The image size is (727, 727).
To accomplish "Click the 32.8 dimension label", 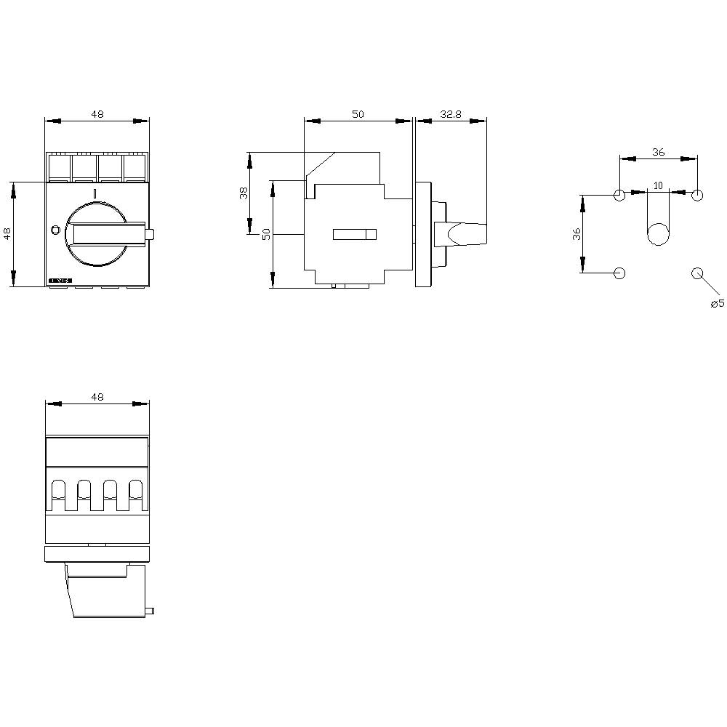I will (451, 114).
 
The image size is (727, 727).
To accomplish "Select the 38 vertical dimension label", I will (244, 193).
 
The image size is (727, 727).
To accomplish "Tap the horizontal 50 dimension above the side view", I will (358, 114).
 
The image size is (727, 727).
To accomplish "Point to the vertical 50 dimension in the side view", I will (266, 234).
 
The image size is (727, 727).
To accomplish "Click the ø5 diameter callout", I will (717, 303).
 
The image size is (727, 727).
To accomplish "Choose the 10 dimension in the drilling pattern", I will (658, 185).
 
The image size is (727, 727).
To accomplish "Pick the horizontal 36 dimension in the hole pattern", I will (658, 152).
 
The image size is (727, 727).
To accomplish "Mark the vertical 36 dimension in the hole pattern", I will (577, 234).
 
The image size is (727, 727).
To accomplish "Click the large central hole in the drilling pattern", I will (658, 234).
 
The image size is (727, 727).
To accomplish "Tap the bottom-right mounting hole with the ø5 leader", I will (697, 273).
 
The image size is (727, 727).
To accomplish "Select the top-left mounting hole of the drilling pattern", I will (619, 195).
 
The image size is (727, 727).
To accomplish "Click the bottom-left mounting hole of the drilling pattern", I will (619, 273).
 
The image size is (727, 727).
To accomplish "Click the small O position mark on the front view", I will (56, 230).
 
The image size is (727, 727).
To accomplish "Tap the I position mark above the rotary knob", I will (95, 193).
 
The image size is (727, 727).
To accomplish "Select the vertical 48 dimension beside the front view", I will (7, 234).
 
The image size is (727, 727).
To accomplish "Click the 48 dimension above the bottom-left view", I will (97, 397).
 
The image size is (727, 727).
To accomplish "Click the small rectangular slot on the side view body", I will (355, 234).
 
